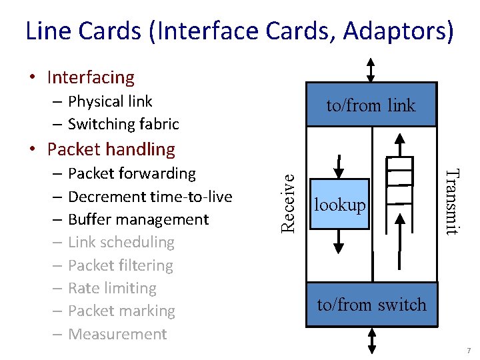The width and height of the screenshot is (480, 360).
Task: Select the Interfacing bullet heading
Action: [91, 77]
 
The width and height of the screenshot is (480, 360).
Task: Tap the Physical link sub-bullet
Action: [110, 101]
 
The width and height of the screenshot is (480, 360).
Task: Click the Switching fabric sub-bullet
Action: [123, 124]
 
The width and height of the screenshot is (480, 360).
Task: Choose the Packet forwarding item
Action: [131, 173]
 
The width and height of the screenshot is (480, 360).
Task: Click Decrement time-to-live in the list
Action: [150, 197]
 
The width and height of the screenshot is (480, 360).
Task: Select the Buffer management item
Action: [138, 219]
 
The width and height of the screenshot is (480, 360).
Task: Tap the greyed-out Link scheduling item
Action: [121, 242]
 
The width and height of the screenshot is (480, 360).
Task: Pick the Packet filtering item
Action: [120, 265]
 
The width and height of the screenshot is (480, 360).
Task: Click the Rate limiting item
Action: [112, 288]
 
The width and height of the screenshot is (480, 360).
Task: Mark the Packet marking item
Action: [121, 311]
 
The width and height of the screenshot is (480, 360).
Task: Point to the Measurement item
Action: [117, 334]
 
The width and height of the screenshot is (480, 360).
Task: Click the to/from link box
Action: [371, 105]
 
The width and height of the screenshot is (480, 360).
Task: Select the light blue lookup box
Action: [339, 205]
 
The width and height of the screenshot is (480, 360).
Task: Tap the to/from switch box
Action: [371, 305]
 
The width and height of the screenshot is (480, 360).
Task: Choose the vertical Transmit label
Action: [452, 202]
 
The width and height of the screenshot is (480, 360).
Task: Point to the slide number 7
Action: [469, 351]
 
